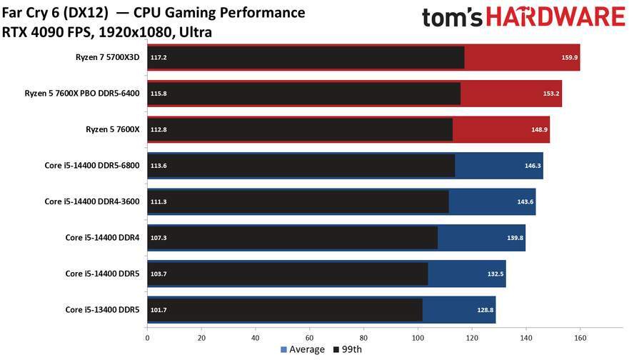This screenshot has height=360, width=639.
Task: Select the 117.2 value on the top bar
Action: pos(158,58)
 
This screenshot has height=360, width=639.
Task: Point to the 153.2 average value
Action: pos(551,94)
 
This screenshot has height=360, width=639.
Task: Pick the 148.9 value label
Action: pos(539,130)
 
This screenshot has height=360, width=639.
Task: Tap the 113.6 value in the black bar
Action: pos(158,166)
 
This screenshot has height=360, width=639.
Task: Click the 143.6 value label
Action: pos(525,201)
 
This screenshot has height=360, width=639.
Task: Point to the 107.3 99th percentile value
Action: pos(158,238)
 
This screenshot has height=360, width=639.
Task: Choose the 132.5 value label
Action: pos(495,274)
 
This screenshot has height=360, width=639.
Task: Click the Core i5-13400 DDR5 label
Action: pos(104,309)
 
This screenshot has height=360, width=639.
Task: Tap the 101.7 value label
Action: pos(158,309)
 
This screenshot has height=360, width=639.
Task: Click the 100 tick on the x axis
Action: pos(418,337)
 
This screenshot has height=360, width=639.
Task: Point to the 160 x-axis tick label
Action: pos(580,337)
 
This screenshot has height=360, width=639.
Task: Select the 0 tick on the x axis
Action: pos(147,337)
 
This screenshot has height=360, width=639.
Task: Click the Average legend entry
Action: pos(302,350)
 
